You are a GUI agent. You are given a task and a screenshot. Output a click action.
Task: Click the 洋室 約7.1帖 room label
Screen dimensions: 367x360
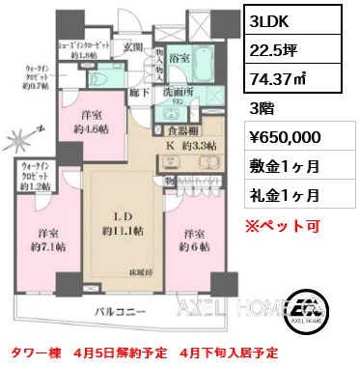(x=49, y=240)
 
